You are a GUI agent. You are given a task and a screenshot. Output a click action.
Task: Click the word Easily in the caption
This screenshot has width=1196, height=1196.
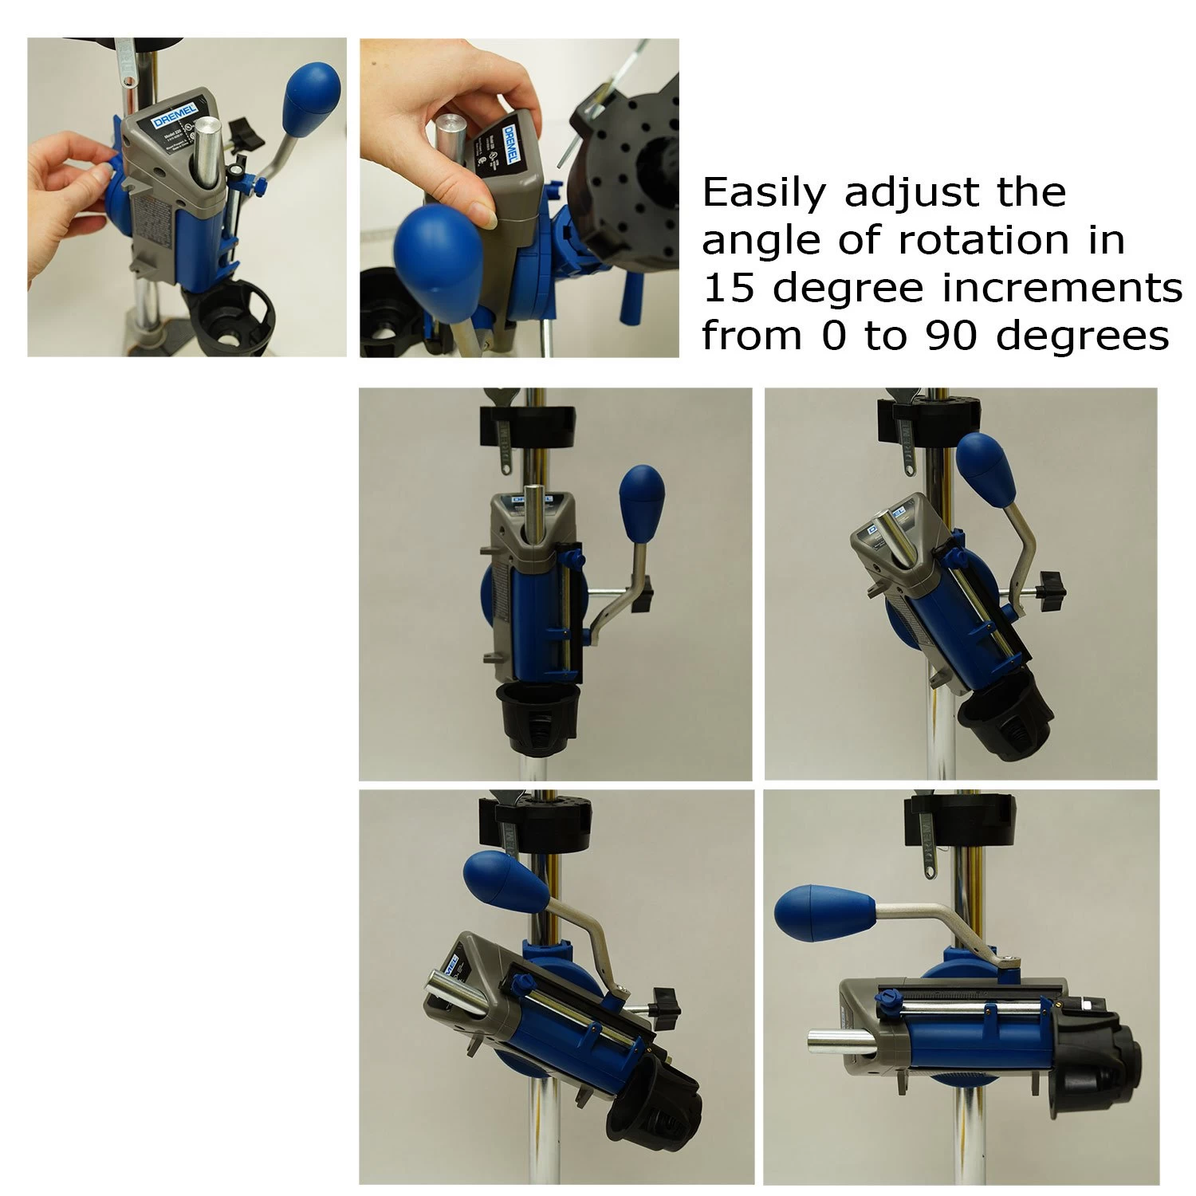761,194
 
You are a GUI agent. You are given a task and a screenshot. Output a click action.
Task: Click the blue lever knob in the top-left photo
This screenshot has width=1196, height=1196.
312,87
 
